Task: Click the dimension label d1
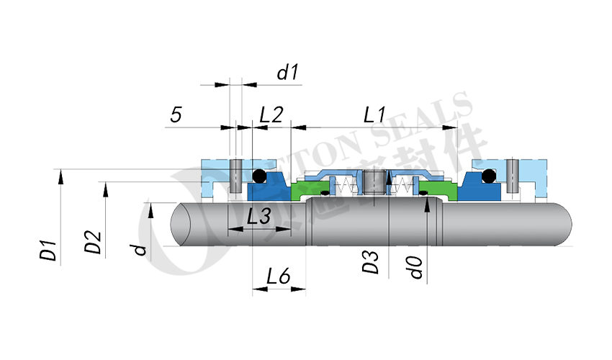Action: pyautogui.click(x=287, y=72)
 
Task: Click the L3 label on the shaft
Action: pyautogui.click(x=258, y=215)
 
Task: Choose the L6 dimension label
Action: pyautogui.click(x=278, y=276)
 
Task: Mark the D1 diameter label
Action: pyautogui.click(x=48, y=253)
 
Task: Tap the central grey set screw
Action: pyautogui.click(x=372, y=182)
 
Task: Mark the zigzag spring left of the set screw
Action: pyautogui.click(x=347, y=186)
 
